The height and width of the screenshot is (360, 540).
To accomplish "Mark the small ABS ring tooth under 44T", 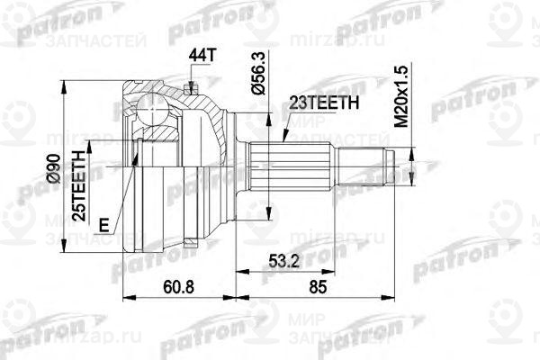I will coord(192,86).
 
